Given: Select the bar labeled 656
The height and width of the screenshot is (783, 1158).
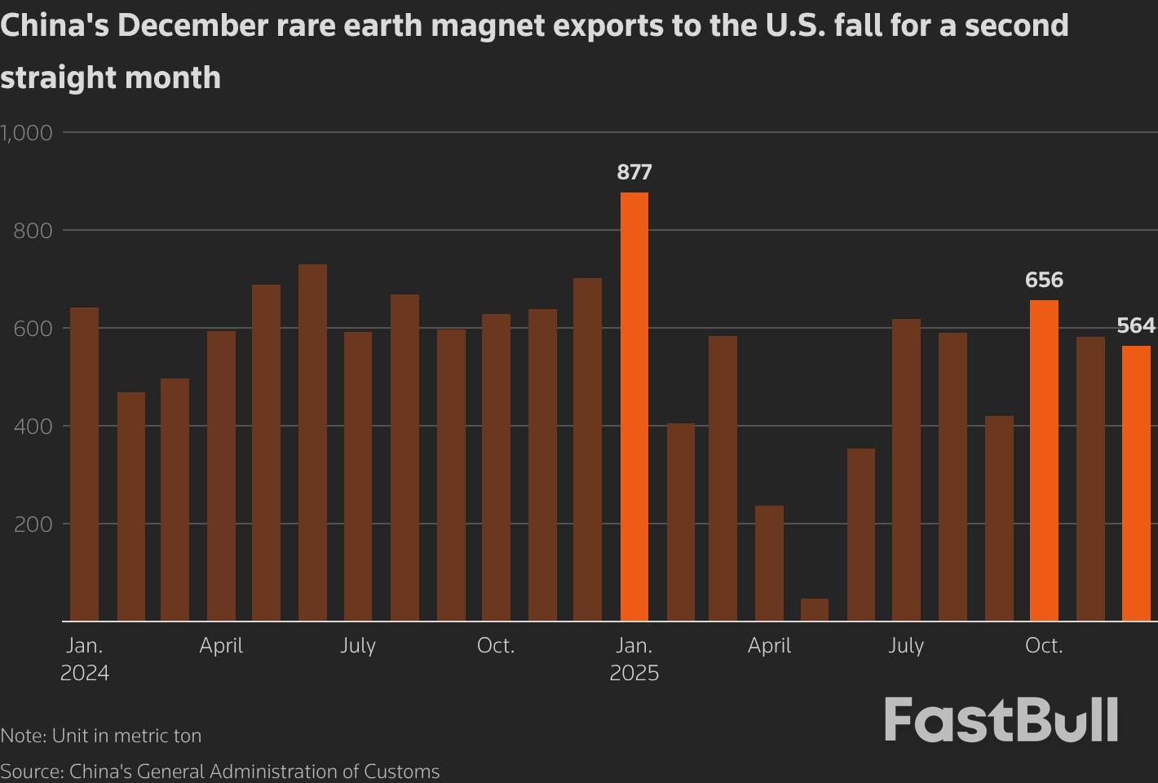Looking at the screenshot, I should click(1044, 460).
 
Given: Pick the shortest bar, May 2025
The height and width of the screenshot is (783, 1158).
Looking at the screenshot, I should click(815, 610).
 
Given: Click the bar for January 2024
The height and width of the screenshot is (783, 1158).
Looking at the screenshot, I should click(84, 464).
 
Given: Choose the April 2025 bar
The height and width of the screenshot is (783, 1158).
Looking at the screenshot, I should click(769, 563).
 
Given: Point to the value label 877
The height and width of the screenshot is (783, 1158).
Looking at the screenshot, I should click(634, 172).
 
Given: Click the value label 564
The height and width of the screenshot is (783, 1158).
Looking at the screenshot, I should click(1135, 325).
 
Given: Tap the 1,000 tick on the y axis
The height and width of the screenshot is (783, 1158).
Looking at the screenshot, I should click(27, 132).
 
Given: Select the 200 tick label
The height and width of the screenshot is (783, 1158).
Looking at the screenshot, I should click(33, 524).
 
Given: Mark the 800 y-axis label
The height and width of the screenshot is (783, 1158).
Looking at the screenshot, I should click(33, 231).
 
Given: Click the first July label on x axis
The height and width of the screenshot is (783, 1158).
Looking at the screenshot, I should click(358, 645).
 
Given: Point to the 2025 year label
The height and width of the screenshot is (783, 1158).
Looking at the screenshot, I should click(634, 673).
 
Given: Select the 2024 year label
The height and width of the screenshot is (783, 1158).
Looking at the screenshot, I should click(85, 673).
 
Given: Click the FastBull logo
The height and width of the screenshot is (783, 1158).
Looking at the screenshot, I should click(1001, 719).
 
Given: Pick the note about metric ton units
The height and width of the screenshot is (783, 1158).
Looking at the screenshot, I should click(101, 735).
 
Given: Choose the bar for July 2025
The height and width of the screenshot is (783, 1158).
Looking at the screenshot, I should click(906, 470).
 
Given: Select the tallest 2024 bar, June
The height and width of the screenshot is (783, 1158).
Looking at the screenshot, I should click(312, 442).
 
